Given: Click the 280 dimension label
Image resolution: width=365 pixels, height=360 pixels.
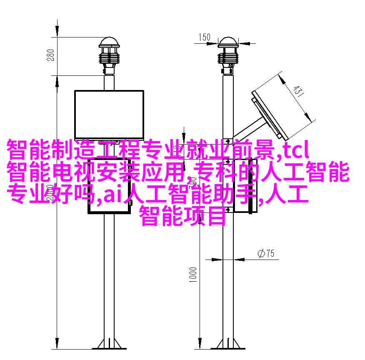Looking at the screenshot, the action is point(51,55).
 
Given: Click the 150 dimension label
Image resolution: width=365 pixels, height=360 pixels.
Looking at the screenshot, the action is point(205,37).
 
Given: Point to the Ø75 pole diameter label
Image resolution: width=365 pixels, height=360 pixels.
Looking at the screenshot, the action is point(266,253).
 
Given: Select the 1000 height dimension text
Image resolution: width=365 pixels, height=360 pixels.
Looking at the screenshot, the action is point(193,275).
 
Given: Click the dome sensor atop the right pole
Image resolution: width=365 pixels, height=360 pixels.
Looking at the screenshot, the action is point(228,42).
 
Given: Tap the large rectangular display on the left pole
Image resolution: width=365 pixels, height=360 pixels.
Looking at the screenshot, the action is point(109,115).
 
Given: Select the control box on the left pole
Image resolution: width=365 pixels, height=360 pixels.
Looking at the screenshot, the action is point(109,185).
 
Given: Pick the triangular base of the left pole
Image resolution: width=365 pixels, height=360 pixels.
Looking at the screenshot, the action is point(109,344).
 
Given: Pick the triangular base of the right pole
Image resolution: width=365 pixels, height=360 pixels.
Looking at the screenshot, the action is point(228,344).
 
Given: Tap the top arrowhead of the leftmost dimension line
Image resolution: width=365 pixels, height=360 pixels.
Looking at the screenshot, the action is point(57,29).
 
